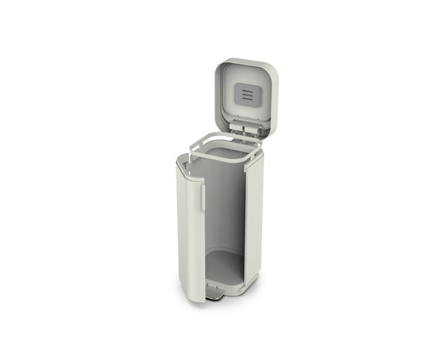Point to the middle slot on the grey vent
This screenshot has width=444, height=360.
(x=247, y=95)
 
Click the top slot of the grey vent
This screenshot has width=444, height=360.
(x=247, y=91)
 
